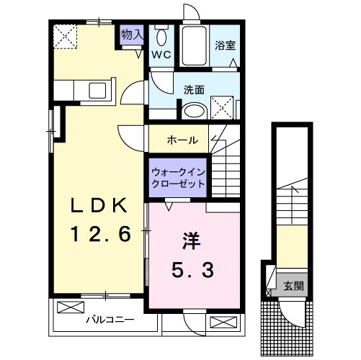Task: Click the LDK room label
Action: (100, 205)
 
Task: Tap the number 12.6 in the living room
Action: (100, 233)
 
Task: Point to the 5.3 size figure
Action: (191, 271)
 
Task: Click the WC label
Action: (160, 54)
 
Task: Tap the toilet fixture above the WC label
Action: (160, 37)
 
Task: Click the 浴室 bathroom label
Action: (224, 44)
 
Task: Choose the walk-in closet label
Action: (178, 177)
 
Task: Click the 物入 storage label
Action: (131, 34)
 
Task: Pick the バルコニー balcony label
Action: (110, 318)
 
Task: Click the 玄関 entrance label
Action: (293, 286)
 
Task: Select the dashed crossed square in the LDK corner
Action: (68, 34)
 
